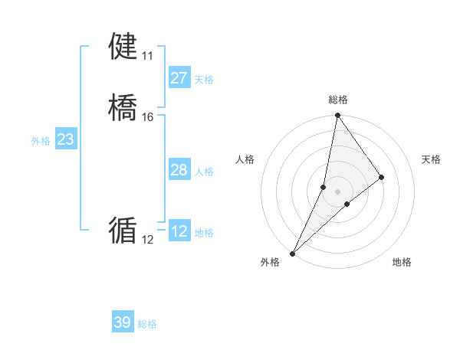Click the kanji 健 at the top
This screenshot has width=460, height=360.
coord(123,47)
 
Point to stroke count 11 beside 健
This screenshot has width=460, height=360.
coord(147,56)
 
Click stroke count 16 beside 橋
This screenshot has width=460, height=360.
coord(147,117)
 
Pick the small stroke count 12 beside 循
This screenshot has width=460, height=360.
coord(147,240)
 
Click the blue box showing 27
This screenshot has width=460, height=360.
coord(179,78)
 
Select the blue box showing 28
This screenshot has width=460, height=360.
coord(179,170)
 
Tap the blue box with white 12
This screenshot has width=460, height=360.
coord(179,231)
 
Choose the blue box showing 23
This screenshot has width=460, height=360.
coord(65,139)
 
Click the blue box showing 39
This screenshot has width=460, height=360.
coord(122,322)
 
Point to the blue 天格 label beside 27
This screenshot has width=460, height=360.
coord(203,80)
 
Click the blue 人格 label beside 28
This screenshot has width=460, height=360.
coord(203,172)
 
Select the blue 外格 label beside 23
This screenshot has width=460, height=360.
coord(41,141)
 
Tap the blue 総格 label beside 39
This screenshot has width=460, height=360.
coord(147,324)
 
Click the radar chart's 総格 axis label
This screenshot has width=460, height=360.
coord(338,100)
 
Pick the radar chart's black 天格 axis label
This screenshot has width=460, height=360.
coord(431,159)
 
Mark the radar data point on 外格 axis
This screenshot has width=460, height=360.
coord(292,254)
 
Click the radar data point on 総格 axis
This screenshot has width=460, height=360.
coord(338,116)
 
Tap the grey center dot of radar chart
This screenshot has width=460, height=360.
coord(338,191)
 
